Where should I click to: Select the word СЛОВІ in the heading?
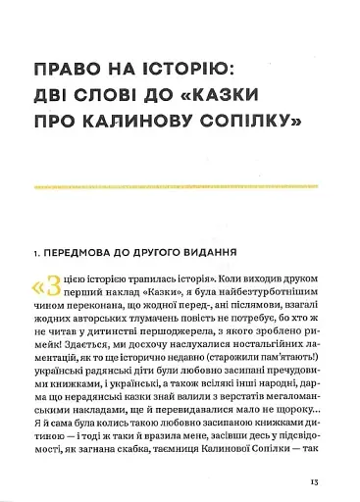coord(126,96)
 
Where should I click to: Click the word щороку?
coord(283,419)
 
